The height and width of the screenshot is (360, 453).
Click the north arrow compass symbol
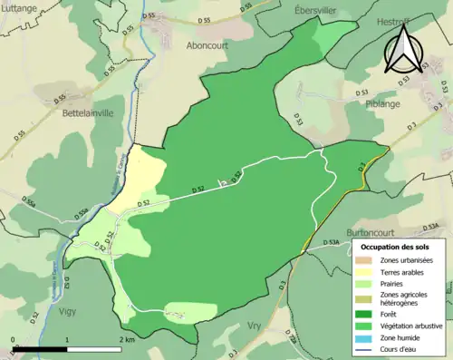[401, 50]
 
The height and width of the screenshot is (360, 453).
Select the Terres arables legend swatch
[369, 270]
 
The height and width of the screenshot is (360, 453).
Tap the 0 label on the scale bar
[14, 339]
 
